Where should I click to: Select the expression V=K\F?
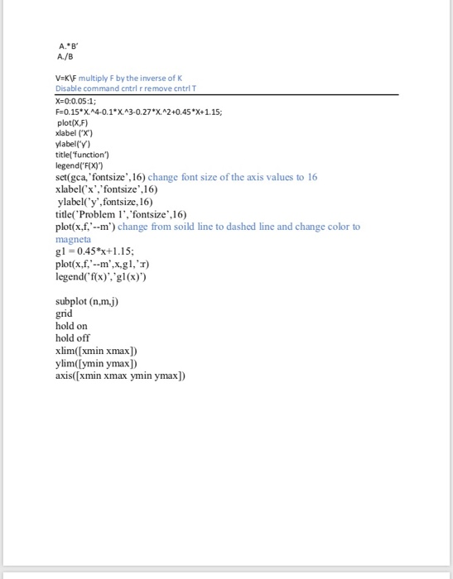[x=66, y=79]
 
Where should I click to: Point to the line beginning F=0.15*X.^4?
[x=138, y=112]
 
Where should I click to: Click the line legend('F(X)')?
[x=77, y=165]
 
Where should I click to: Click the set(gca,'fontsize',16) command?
[x=99, y=177]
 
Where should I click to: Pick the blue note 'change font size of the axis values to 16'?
[x=232, y=177]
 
